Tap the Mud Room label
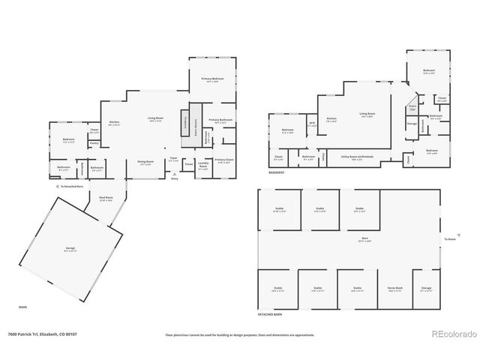(x=106, y=199)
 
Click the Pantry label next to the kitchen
(x=94, y=143)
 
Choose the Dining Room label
(x=145, y=163)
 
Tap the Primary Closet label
(x=224, y=160)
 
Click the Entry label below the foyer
(x=175, y=179)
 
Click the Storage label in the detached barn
(x=426, y=288)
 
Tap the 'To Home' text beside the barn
(x=449, y=239)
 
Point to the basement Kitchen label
(x=331, y=118)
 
